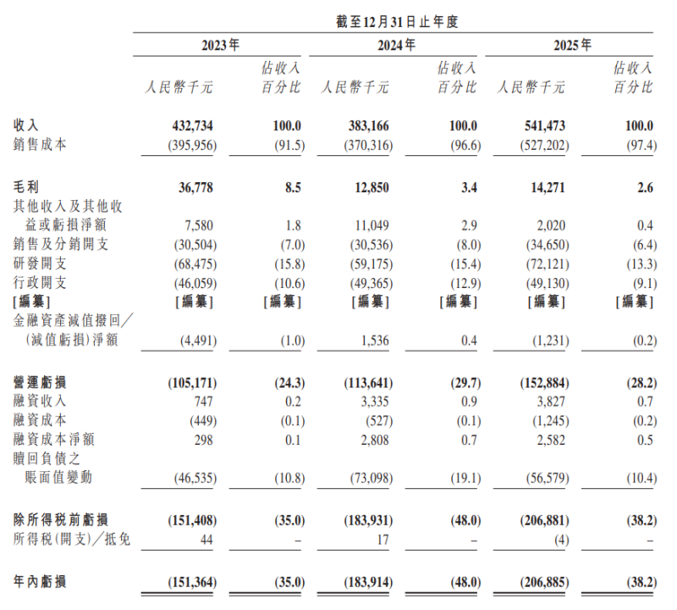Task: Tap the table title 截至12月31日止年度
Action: pyautogui.click(x=396, y=22)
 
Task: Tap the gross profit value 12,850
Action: pyautogui.click(x=371, y=186)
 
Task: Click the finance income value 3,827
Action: pyautogui.click(x=549, y=401)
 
